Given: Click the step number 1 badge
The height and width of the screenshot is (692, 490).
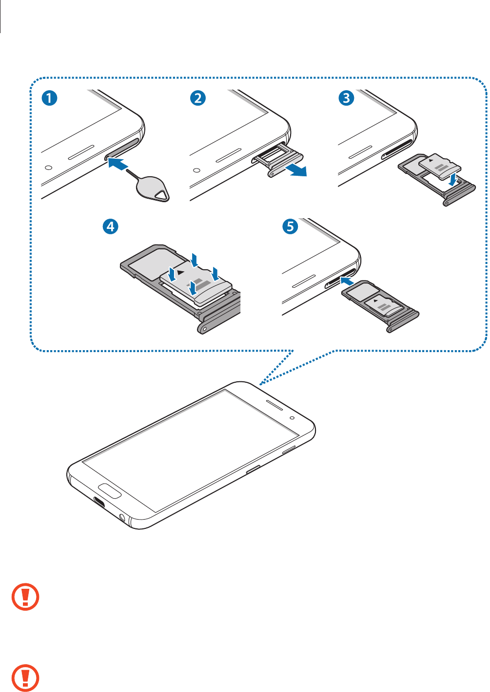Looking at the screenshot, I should tap(49, 98).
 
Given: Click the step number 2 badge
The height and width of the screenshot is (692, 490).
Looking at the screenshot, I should tap(197, 98).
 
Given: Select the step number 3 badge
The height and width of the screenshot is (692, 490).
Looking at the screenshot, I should tap(346, 98).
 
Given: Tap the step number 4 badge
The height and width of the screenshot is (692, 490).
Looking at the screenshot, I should tap(111, 226).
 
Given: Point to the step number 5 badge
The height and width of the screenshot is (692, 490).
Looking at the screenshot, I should tap(290, 226).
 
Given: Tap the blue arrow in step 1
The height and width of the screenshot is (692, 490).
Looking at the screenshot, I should tap(118, 164).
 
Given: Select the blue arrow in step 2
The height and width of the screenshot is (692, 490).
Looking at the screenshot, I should tap(296, 170).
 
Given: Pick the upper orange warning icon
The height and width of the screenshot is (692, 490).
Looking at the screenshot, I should tap(25, 597).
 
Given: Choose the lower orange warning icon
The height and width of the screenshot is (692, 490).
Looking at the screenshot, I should tap(25, 677).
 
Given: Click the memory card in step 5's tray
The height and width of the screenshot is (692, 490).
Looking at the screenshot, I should tap(388, 306).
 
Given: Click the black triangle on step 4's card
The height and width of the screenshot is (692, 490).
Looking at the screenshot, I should tap(181, 272).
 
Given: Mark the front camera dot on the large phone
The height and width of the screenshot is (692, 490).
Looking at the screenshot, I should tap(292, 417).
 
